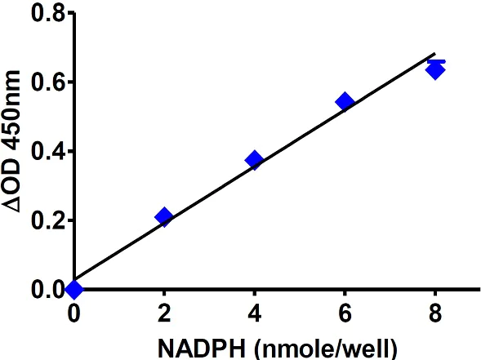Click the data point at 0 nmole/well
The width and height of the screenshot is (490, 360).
74,289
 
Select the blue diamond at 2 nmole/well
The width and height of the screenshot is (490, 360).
164,217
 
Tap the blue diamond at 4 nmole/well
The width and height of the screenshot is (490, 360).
254,160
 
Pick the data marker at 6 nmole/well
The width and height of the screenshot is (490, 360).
345,102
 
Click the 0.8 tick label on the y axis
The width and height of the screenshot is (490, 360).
43,13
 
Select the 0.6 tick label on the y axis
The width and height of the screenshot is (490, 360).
43,82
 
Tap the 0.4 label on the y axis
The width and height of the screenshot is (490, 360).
43,151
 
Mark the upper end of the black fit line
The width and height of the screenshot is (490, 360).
434,55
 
